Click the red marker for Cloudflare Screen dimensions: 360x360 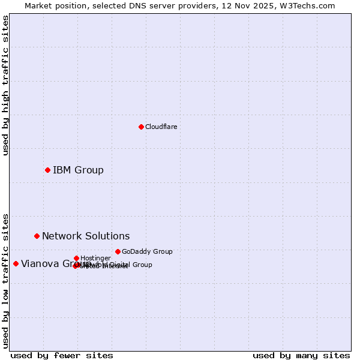tap(141, 127)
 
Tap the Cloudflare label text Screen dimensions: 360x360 tap(161, 127)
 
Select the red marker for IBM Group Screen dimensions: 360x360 tap(47, 170)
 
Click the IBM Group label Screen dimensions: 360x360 tap(78, 170)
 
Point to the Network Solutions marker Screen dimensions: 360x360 tap(37, 236)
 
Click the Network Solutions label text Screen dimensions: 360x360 tap(86, 236)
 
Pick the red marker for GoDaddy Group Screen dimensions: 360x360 tap(118, 251)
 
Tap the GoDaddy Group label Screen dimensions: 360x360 tap(147, 251)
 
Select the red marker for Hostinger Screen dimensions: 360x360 tap(76, 258)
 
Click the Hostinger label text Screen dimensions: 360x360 tap(95, 258)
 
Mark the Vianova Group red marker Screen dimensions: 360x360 tap(16, 263)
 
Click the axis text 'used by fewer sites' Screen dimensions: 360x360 tap(62, 355)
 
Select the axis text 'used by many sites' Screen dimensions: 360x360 tap(301, 355)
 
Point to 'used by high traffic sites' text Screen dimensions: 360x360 tap(6, 85)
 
